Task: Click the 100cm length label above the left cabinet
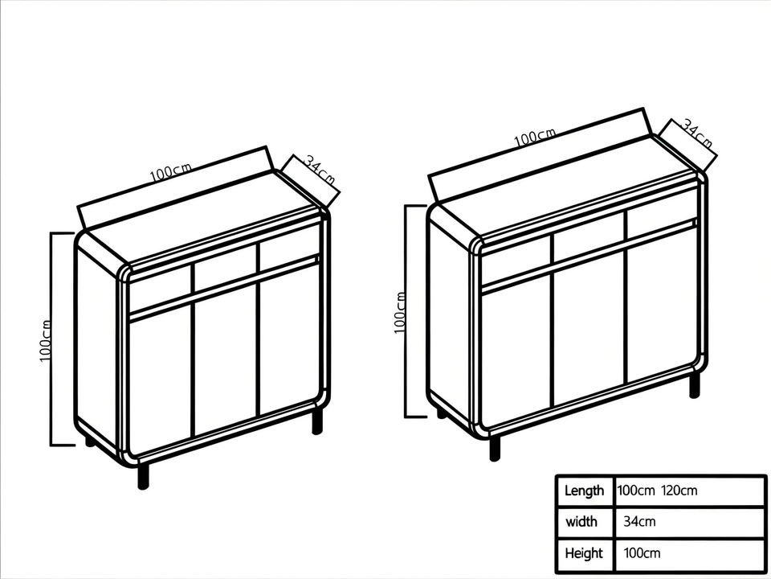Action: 170,171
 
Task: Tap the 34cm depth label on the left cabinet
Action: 319,172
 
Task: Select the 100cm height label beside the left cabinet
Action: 46,340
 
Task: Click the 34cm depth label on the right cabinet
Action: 696,133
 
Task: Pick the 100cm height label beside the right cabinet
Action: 400,312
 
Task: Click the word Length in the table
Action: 584,491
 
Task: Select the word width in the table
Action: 581,522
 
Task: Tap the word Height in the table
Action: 584,553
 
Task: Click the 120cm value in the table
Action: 679,491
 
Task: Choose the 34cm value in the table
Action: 639,522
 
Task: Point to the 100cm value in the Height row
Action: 642,553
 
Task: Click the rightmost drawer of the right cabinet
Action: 661,219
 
